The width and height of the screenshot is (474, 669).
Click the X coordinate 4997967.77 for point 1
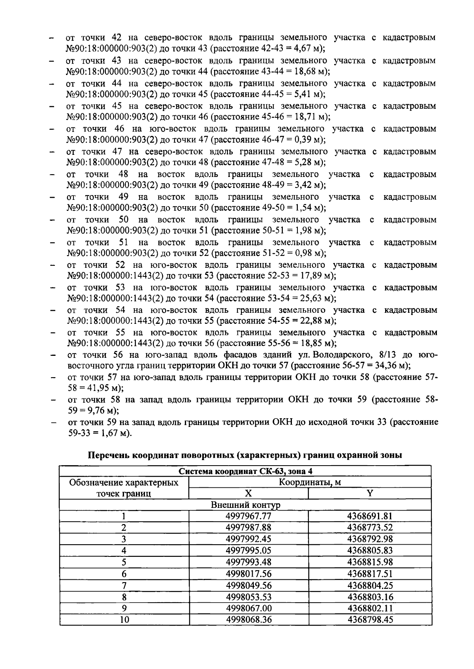[248, 516]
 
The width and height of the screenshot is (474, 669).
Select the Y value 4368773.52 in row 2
[370, 528]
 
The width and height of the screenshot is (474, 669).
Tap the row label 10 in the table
[124, 620]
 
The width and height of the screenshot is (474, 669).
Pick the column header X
[248, 493]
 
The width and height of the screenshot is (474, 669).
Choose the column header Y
[370, 493]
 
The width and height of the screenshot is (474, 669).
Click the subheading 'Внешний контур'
[245, 505]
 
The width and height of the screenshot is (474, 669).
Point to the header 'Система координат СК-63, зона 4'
[245, 471]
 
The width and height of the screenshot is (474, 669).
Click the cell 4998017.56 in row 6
[248, 573]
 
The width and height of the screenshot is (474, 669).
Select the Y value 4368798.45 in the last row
[370, 620]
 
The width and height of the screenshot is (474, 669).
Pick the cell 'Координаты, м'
[310, 482]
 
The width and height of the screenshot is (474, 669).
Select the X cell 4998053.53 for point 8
[248, 597]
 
